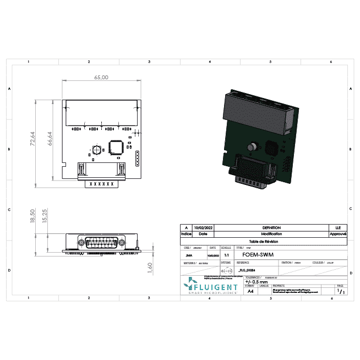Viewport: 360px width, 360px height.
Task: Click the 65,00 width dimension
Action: click(101, 78)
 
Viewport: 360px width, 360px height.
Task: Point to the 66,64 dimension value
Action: click(50, 138)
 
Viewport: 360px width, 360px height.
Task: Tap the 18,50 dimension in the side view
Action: click(33, 216)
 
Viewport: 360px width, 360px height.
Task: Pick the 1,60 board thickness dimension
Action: click(150, 266)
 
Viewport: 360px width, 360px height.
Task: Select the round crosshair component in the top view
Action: click(96, 150)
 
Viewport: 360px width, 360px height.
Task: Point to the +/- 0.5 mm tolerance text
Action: click(256, 281)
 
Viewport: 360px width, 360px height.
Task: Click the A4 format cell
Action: click(250, 291)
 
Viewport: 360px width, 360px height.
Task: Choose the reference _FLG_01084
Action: click(246, 270)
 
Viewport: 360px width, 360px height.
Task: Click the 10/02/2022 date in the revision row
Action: click(204, 227)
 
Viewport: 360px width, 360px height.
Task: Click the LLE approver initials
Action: click(337, 227)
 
